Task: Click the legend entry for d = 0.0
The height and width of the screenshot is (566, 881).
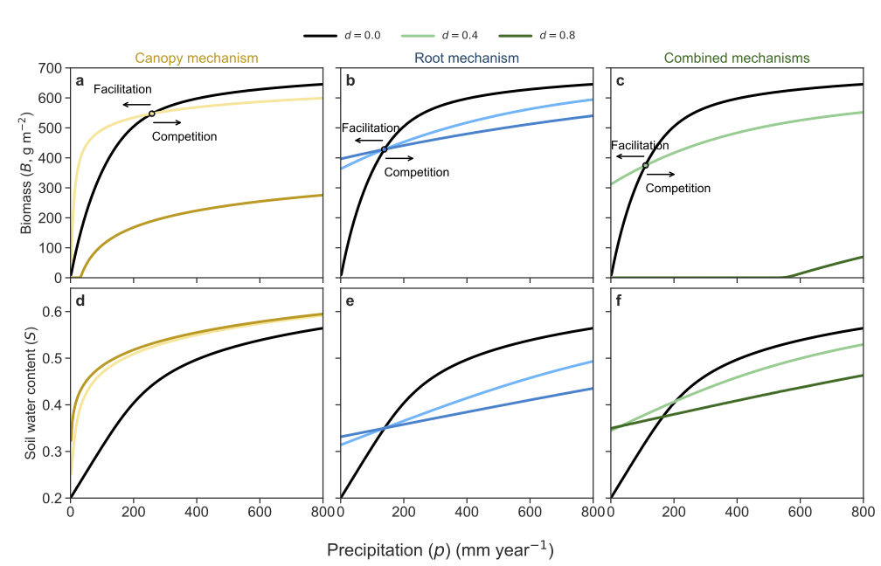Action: pos(343,35)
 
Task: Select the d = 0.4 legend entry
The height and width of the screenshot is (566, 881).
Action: pos(440,35)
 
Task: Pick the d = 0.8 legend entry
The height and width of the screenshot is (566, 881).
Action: pos(537,35)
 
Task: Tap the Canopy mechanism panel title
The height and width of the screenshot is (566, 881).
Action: pos(197,58)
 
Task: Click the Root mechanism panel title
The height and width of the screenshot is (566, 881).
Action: pos(467,58)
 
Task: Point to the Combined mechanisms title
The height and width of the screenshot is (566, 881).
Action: pos(737,58)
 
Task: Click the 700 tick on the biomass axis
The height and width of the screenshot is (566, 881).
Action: pos(50,68)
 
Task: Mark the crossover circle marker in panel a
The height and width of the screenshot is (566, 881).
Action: pos(152,114)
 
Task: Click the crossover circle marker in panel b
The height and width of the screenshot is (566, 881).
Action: pos(385,149)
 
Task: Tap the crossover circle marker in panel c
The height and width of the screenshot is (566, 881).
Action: pos(646,165)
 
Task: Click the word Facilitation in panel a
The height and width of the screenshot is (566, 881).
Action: pos(122,89)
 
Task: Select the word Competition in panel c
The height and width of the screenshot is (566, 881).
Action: pos(677,188)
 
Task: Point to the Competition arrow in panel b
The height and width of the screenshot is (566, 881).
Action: pos(399,158)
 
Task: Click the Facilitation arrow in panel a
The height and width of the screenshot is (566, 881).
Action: pos(136,105)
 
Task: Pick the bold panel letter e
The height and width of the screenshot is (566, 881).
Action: pos(350,301)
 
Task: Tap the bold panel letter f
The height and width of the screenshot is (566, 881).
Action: pos(619,301)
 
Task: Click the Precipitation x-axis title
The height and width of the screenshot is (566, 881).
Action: pos(440,549)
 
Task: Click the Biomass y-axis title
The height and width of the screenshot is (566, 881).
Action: pos(26,173)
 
